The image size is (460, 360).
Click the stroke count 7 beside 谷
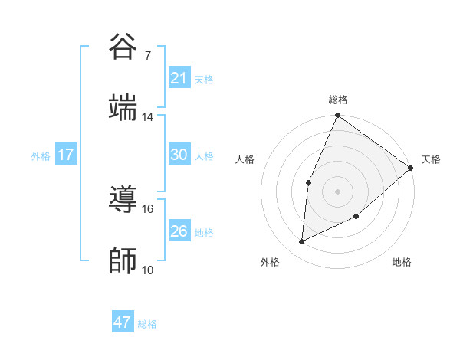148,56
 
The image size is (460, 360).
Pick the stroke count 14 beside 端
148,117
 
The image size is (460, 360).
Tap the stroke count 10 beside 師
148,270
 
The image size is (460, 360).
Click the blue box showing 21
179,78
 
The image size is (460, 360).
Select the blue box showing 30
179,155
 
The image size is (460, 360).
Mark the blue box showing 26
179,231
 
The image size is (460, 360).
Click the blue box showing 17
66,155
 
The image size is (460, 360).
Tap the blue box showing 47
123,322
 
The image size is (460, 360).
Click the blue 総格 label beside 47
147,324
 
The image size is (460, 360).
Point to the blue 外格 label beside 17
41,156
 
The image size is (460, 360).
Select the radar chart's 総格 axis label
338,100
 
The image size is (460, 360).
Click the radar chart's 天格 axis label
431,159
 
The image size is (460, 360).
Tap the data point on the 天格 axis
411,168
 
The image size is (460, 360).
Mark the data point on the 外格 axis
302,242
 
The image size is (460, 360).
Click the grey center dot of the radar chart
338,191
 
